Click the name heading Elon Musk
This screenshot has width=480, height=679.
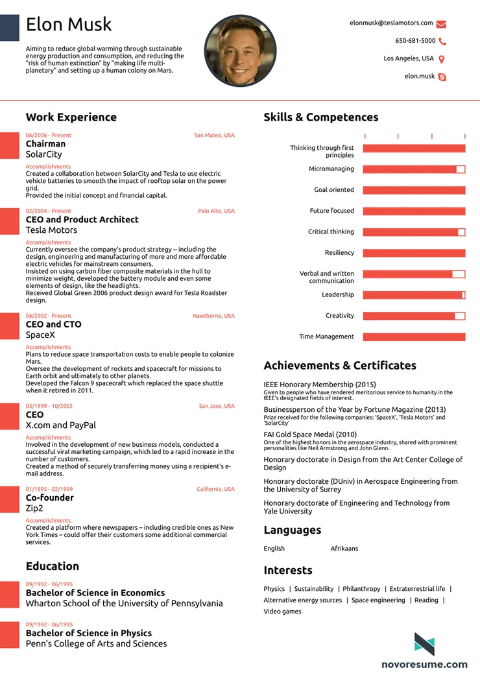[x=69, y=25]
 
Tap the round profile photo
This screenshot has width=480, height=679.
[x=240, y=51]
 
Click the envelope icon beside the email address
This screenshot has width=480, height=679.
[x=441, y=24]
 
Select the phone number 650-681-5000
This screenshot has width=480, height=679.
[x=415, y=41]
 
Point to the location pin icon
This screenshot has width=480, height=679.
[x=442, y=59]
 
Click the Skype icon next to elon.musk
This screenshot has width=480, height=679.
[x=442, y=77]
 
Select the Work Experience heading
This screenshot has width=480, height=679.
[x=71, y=117]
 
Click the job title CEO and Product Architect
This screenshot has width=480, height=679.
[x=82, y=220]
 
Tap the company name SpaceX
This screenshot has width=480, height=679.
[x=40, y=335]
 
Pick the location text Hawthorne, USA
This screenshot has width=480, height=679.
[x=213, y=316]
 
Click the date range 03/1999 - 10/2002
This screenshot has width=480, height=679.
[x=49, y=406]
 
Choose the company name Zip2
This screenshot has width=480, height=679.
[x=34, y=508]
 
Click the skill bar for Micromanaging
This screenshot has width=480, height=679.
[x=414, y=169]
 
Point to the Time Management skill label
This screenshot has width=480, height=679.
[x=326, y=337]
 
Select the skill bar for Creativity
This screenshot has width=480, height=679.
[x=414, y=316]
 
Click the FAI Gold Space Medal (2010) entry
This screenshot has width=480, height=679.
[x=310, y=435]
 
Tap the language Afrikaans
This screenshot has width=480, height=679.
[x=344, y=549]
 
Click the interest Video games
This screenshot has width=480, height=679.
[x=282, y=612]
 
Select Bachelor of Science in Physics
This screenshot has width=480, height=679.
[x=89, y=633]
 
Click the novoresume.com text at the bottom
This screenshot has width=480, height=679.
[x=424, y=664]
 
